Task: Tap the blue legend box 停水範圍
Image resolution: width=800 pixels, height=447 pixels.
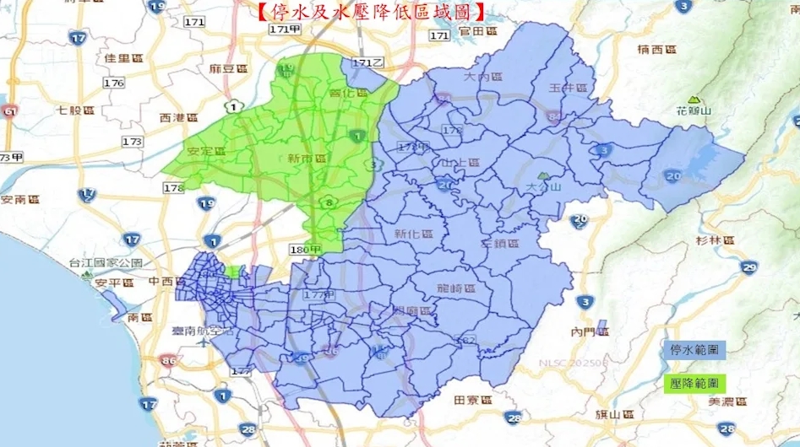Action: tap(695, 349)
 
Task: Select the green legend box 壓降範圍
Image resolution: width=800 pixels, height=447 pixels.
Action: tap(695, 383)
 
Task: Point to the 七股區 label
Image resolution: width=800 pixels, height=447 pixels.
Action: tap(74, 110)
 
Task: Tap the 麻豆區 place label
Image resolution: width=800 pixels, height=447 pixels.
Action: tap(227, 68)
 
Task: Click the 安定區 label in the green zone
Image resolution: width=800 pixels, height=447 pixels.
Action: tap(206, 152)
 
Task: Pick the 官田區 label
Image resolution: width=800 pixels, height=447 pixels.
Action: tap(476, 32)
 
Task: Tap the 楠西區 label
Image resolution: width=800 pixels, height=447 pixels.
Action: tap(656, 49)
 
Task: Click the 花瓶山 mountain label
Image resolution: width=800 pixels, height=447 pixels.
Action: tap(696, 110)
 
